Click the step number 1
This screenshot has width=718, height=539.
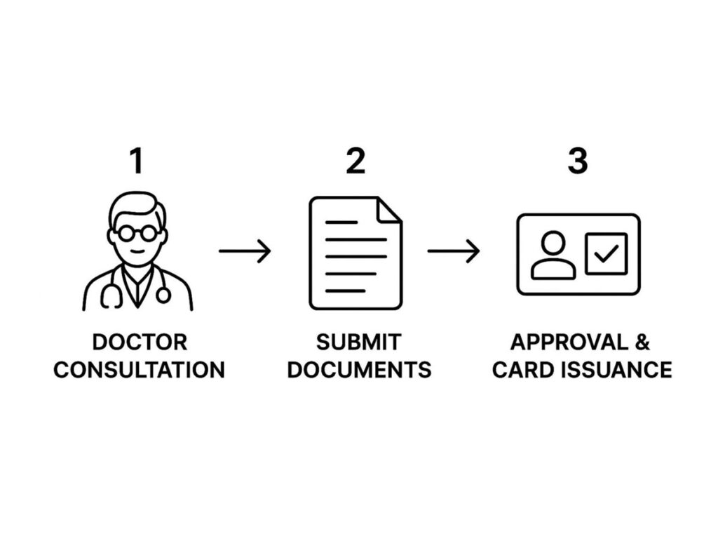click(x=136, y=161)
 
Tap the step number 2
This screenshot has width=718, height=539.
click(x=355, y=161)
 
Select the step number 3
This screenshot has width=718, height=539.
click(x=577, y=161)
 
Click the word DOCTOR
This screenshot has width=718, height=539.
click(x=140, y=342)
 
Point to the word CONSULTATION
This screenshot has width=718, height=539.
click(x=140, y=369)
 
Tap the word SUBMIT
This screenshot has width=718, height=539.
click(x=358, y=342)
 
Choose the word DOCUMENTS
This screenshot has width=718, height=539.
click(x=359, y=369)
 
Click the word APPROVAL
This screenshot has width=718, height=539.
click(x=568, y=342)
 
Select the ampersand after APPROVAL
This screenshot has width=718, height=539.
click(x=642, y=342)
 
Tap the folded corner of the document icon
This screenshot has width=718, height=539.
click(x=389, y=210)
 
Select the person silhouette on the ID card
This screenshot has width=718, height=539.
click(x=553, y=255)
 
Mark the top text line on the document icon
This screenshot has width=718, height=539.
click(x=341, y=222)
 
